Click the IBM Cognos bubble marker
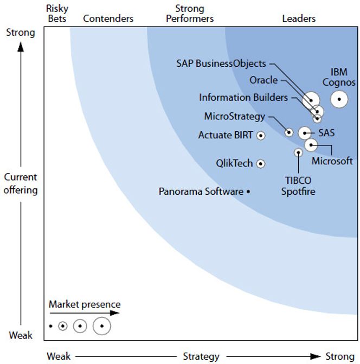click(x=339, y=99)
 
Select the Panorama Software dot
click(x=248, y=191)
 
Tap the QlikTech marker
click(x=261, y=163)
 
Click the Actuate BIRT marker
click(x=261, y=135)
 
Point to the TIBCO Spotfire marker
click(x=298, y=152)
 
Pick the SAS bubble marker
click(x=305, y=133)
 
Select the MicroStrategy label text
click(x=235, y=116)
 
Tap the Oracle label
click(x=263, y=80)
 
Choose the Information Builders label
click(x=243, y=98)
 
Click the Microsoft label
click(x=332, y=161)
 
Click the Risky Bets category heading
click(x=57, y=14)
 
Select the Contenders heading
click(x=108, y=18)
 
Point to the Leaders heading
click(x=299, y=18)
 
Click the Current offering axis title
click(x=21, y=183)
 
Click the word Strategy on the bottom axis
click(x=201, y=356)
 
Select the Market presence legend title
click(x=85, y=304)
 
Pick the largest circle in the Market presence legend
click(x=101, y=326)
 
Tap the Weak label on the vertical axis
click(x=21, y=335)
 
